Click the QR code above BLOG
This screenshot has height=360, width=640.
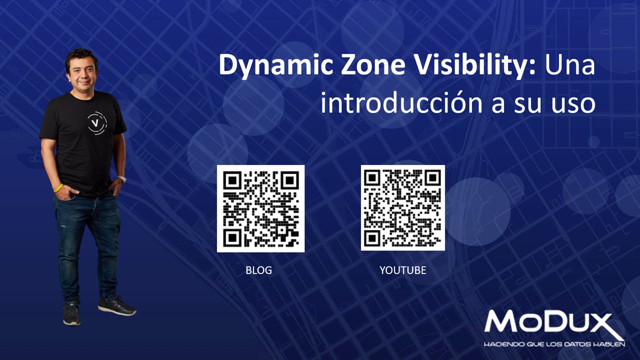[260, 208]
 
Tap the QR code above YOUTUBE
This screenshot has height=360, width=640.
[403, 207]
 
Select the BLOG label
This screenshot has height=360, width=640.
[258, 270]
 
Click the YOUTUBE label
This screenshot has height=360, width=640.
[403, 270]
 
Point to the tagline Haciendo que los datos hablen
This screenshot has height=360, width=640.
[554, 344]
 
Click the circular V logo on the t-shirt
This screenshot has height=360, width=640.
[96, 123]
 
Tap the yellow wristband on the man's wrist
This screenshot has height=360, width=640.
[58, 188]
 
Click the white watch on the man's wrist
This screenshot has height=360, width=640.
[121, 178]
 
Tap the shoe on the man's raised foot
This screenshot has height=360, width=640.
[117, 305]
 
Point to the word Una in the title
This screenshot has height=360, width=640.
[570, 65]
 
